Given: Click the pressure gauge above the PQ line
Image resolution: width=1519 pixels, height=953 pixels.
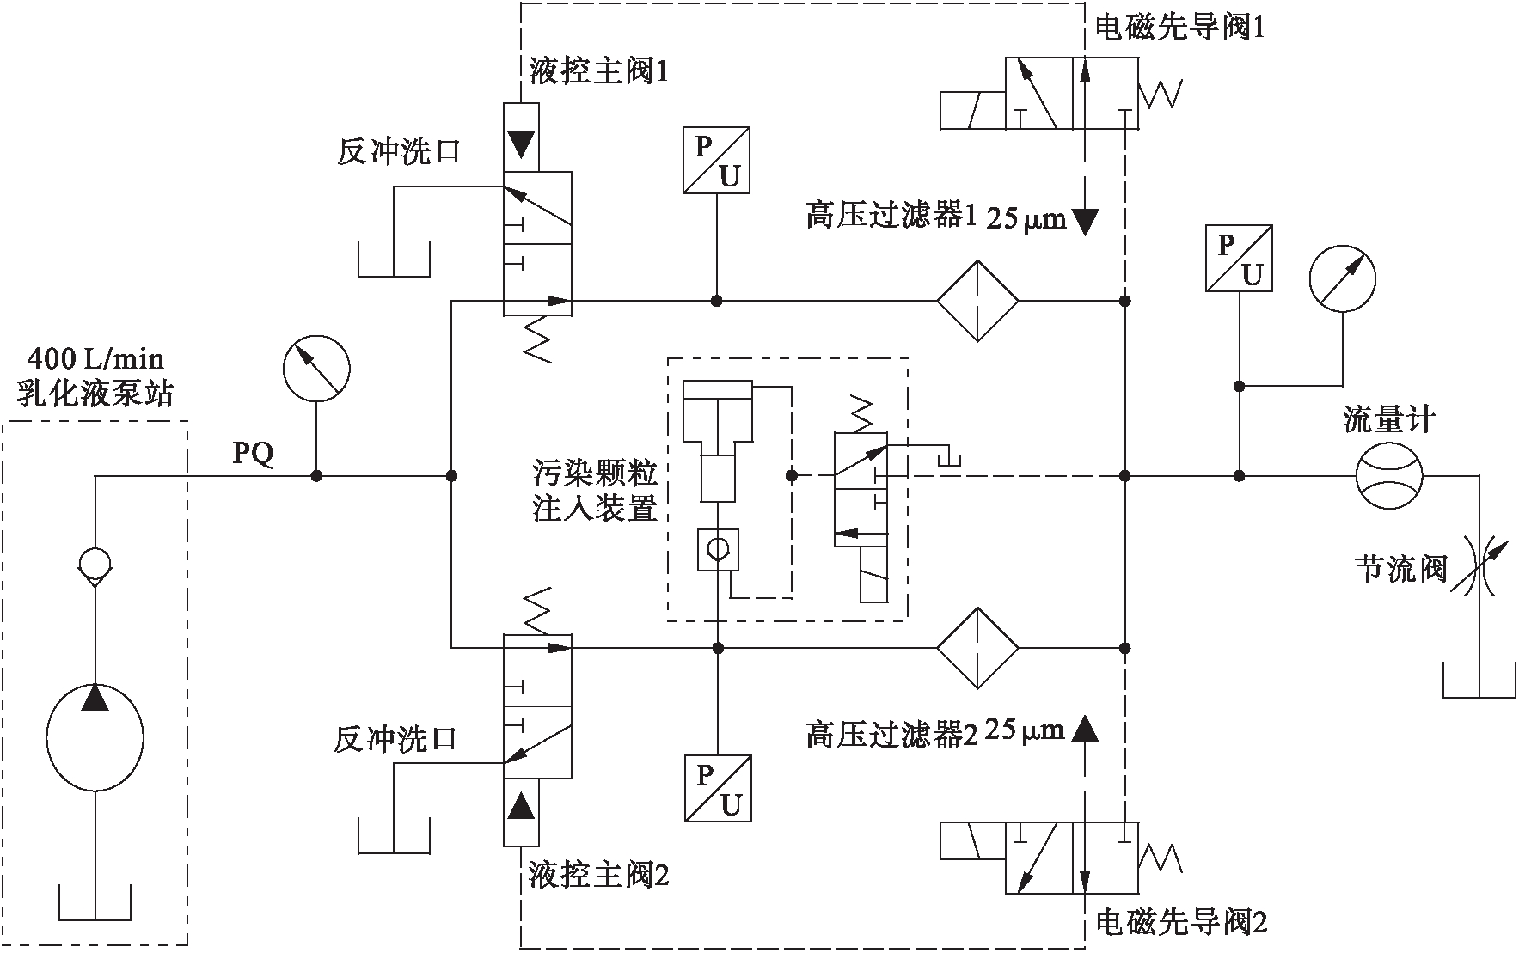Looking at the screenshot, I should [x=316, y=368].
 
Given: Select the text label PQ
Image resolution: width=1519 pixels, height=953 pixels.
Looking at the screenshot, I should [x=254, y=454].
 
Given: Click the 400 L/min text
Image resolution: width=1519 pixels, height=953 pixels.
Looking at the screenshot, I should [x=95, y=359].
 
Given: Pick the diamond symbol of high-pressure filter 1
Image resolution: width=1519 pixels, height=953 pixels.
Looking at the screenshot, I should [x=977, y=301].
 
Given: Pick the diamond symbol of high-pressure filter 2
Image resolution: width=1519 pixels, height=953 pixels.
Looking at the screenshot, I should [x=977, y=648].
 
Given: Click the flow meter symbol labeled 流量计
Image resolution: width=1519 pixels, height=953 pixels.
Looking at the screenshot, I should [x=1389, y=475].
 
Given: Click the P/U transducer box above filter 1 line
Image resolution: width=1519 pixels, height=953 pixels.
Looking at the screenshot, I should [x=717, y=161].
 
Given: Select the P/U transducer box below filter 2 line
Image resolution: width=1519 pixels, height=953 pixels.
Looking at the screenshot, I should [x=719, y=789].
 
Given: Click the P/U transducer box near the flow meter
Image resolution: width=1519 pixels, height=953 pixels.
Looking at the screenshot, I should [x=1239, y=259].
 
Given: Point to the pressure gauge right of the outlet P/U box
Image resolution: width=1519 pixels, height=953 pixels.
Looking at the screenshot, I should [x=1342, y=278].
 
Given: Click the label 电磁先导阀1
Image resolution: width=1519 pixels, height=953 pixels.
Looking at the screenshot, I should [x=1179, y=29].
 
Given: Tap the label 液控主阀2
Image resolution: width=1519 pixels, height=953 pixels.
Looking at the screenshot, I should [x=598, y=876].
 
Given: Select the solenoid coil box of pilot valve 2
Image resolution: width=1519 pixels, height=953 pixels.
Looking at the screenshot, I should [x=975, y=840].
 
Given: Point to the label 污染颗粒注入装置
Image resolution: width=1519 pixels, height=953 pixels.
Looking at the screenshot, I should [x=596, y=492].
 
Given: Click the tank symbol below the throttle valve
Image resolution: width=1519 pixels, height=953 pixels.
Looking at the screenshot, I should [x=1479, y=682].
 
